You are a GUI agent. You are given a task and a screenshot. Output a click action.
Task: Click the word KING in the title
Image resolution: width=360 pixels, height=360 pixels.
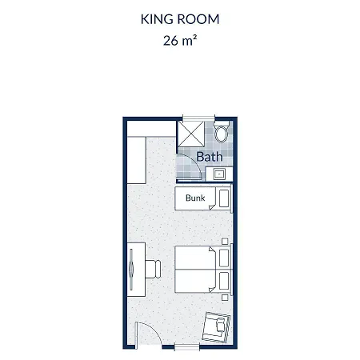click(x=157, y=19)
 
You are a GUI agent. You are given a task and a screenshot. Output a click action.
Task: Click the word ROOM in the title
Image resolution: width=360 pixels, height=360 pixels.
click(x=198, y=19)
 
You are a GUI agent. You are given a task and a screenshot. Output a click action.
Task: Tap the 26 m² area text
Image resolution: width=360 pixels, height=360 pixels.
click(x=180, y=41)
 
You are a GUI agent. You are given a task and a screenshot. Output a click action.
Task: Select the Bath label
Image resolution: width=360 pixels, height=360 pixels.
click(x=210, y=157)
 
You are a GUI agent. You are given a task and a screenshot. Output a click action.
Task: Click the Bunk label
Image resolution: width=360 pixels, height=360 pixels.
click(x=195, y=198)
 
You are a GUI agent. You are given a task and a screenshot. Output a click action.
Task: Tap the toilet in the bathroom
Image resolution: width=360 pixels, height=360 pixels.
click(x=222, y=131)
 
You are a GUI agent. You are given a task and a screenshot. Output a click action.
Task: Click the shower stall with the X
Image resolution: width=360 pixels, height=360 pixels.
click(x=191, y=134)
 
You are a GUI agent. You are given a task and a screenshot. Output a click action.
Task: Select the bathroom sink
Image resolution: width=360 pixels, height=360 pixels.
click(x=219, y=174)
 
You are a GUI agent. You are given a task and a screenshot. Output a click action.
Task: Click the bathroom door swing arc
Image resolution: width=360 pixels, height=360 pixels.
click(x=194, y=163)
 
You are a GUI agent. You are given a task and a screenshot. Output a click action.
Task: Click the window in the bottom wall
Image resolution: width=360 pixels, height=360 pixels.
click(x=187, y=346)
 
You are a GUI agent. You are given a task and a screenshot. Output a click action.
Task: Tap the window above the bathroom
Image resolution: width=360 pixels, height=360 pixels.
click(x=198, y=118)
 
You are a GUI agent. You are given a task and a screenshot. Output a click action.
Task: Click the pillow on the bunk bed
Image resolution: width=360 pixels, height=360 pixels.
click(x=224, y=198)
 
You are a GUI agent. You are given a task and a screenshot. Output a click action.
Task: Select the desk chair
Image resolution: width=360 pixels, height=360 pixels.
click(x=153, y=269)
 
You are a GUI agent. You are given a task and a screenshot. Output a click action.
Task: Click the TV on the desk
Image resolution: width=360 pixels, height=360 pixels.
click(x=131, y=270)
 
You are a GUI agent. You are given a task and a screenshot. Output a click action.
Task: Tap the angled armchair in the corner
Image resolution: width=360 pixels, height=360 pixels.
click(x=216, y=327)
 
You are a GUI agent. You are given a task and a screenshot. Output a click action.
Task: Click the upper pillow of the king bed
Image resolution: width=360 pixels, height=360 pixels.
click(x=224, y=258)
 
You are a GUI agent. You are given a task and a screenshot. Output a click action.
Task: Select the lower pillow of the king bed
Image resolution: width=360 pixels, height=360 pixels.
click(x=224, y=281)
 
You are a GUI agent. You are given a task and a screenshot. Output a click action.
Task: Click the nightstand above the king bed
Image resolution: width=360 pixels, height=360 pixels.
click(x=225, y=242)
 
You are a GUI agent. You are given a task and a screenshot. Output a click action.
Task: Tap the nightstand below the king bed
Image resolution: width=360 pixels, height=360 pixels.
click(x=225, y=298)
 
